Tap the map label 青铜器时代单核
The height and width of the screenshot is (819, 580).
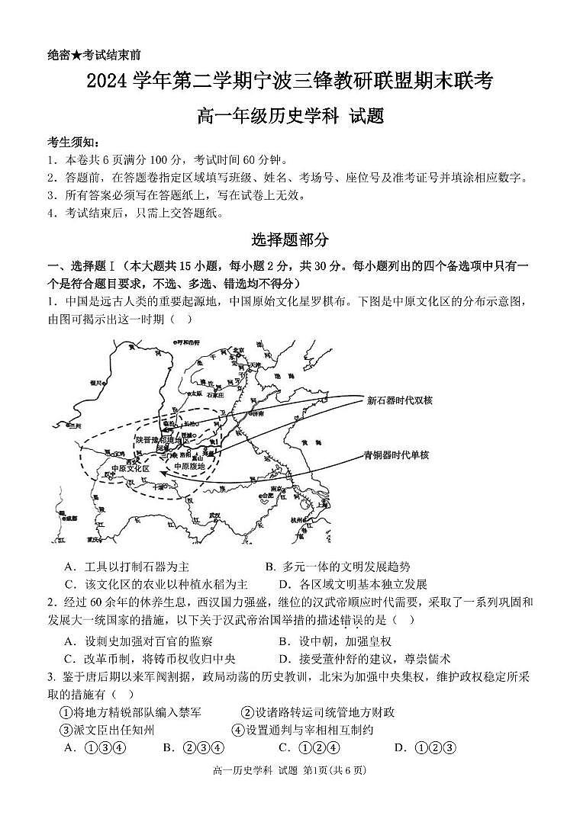pyautogui.click(x=396, y=455)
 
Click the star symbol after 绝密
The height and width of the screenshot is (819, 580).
pyautogui.click(x=78, y=55)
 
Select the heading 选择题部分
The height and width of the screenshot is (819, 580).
pyautogui.click(x=291, y=239)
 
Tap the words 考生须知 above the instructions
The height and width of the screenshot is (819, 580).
pyautogui.click(x=72, y=143)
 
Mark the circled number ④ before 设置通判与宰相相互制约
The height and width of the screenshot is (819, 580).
pyautogui.click(x=238, y=730)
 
